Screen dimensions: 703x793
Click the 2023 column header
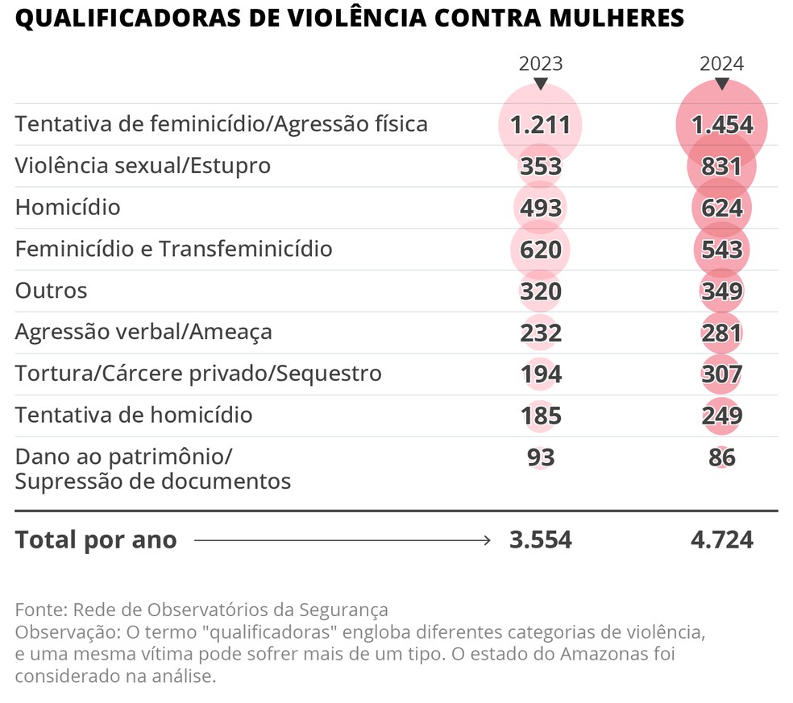(540, 64)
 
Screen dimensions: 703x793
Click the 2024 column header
(721, 64)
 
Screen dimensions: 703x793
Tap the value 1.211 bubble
(540, 125)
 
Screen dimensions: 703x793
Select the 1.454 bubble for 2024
(721, 125)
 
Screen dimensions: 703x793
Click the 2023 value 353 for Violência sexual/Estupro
(540, 166)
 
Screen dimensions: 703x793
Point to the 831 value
(721, 166)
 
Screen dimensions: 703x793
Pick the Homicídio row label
(68, 208)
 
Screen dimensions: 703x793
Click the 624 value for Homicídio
(721, 208)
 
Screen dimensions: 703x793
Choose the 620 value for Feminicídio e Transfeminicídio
(540, 250)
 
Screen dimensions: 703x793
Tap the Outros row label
(51, 291)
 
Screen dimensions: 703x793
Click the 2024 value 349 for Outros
(721, 291)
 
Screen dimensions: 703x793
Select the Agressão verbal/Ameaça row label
(143, 332)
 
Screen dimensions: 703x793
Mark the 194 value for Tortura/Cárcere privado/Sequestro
(540, 374)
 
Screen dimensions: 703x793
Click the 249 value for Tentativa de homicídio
(721, 416)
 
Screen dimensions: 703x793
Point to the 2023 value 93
(540, 457)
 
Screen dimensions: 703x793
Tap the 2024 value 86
(721, 457)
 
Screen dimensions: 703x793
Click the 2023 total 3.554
(540, 540)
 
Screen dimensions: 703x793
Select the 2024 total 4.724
(721, 540)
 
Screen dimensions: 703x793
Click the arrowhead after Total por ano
(486, 540)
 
